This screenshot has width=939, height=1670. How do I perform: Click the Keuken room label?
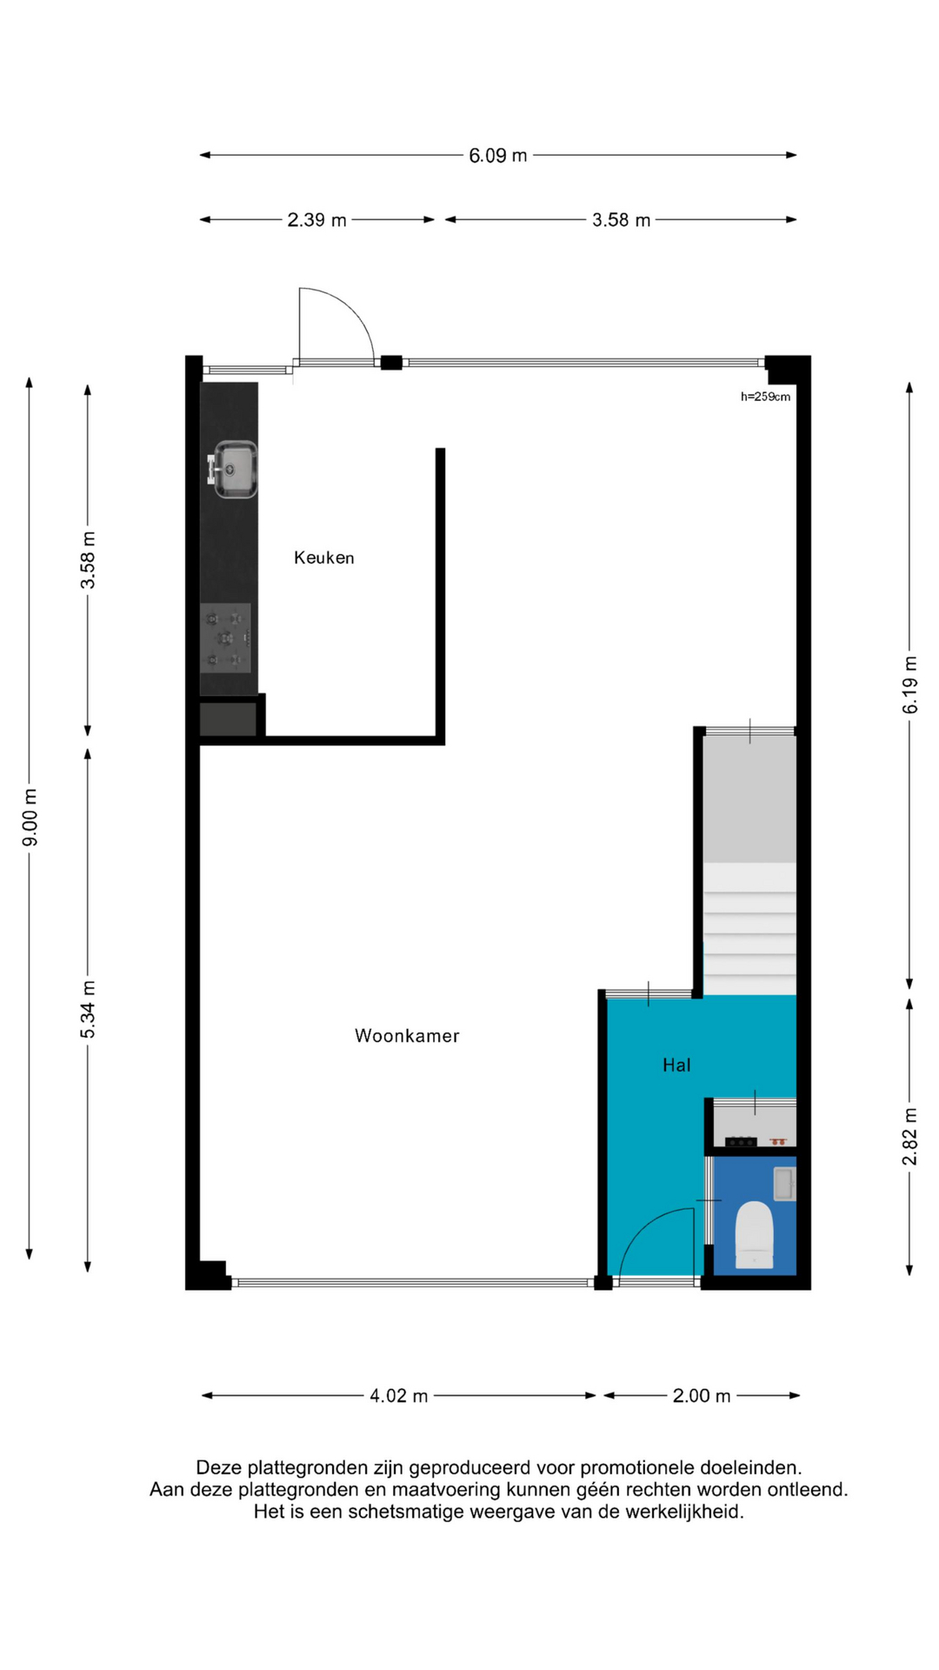pyautogui.click(x=324, y=558)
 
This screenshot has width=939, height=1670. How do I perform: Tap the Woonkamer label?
pyautogui.click(x=407, y=1035)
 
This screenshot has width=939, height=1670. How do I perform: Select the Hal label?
pyautogui.click(x=676, y=1065)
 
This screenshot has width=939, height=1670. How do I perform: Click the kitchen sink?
pyautogui.click(x=233, y=470)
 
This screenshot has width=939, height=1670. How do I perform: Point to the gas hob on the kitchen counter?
pyautogui.click(x=226, y=639)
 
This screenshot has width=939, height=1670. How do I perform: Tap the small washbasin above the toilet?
pyautogui.click(x=784, y=1184)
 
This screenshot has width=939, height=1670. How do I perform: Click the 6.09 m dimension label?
pyautogui.click(x=498, y=156)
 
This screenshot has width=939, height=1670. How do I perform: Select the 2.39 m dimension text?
pyautogui.click(x=317, y=220)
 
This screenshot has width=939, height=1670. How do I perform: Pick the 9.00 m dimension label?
pyautogui.click(x=30, y=818)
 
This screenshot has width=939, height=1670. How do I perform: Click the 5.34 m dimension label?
pyautogui.click(x=88, y=1009)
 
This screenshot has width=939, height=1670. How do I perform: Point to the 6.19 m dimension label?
pyautogui.click(x=909, y=685)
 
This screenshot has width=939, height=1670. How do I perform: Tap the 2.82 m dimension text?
pyautogui.click(x=909, y=1137)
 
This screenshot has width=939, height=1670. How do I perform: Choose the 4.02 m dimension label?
pyautogui.click(x=399, y=1396)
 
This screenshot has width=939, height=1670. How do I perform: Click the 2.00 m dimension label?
pyautogui.click(x=702, y=1396)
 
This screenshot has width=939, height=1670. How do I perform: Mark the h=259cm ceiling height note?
pyautogui.click(x=766, y=397)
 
